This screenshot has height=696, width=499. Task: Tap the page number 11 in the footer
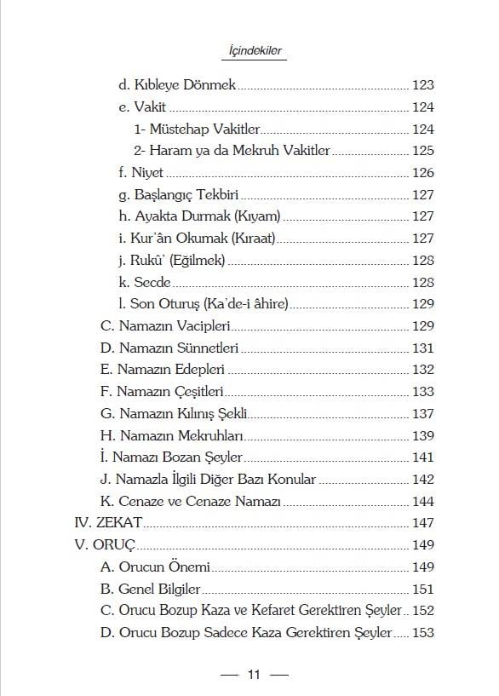(x=254, y=675)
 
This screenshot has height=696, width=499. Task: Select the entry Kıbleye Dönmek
(x=176, y=85)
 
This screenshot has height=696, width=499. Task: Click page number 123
(x=422, y=85)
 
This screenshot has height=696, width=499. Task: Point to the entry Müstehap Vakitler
(x=197, y=129)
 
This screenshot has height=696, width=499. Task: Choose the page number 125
(x=422, y=151)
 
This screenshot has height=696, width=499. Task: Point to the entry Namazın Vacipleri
(x=153, y=326)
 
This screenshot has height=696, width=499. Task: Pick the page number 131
(x=422, y=348)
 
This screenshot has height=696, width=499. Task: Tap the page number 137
(x=422, y=413)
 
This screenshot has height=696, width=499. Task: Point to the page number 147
(x=422, y=523)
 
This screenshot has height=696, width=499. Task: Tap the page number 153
(x=422, y=632)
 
